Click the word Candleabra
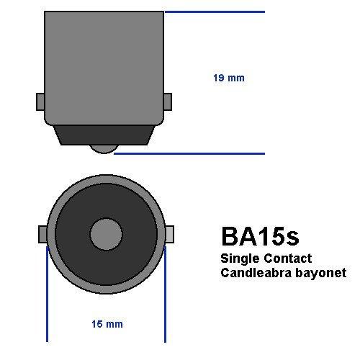pos(251,273)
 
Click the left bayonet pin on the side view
pos(40,102)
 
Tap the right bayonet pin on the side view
pos(168,102)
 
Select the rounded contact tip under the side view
pos(105,148)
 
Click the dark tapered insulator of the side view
pos(105,133)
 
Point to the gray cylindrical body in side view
pos(104,65)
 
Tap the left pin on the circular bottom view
pos(42,235)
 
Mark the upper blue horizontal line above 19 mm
pos(216,12)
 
